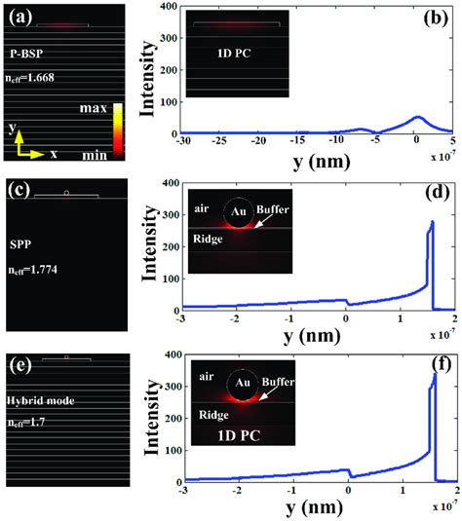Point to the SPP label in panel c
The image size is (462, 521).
click(20, 236)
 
